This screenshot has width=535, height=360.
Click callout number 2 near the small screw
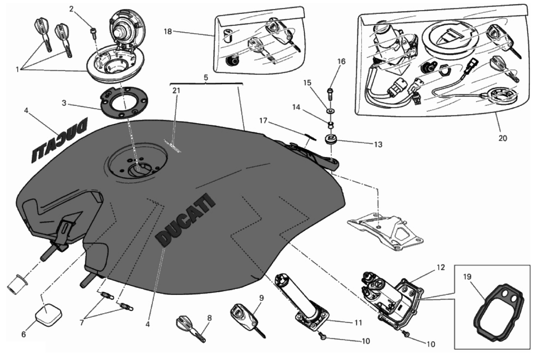71,9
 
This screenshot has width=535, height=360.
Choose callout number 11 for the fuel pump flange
358,323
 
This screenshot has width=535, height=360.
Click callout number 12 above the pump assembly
441,268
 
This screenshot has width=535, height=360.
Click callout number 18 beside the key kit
168,32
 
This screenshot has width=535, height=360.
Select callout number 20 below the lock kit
503,138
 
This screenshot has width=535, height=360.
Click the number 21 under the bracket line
176,90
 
